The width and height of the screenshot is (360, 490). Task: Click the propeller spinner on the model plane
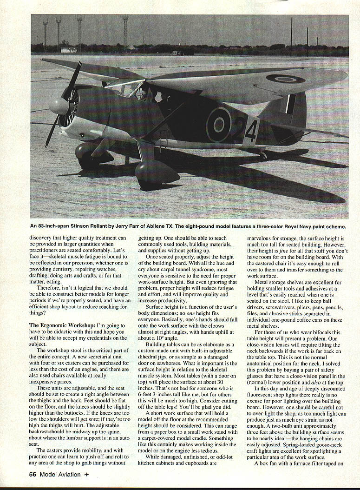59,106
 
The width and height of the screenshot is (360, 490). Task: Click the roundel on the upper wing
285,79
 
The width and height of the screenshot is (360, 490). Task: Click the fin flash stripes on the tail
291,105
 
